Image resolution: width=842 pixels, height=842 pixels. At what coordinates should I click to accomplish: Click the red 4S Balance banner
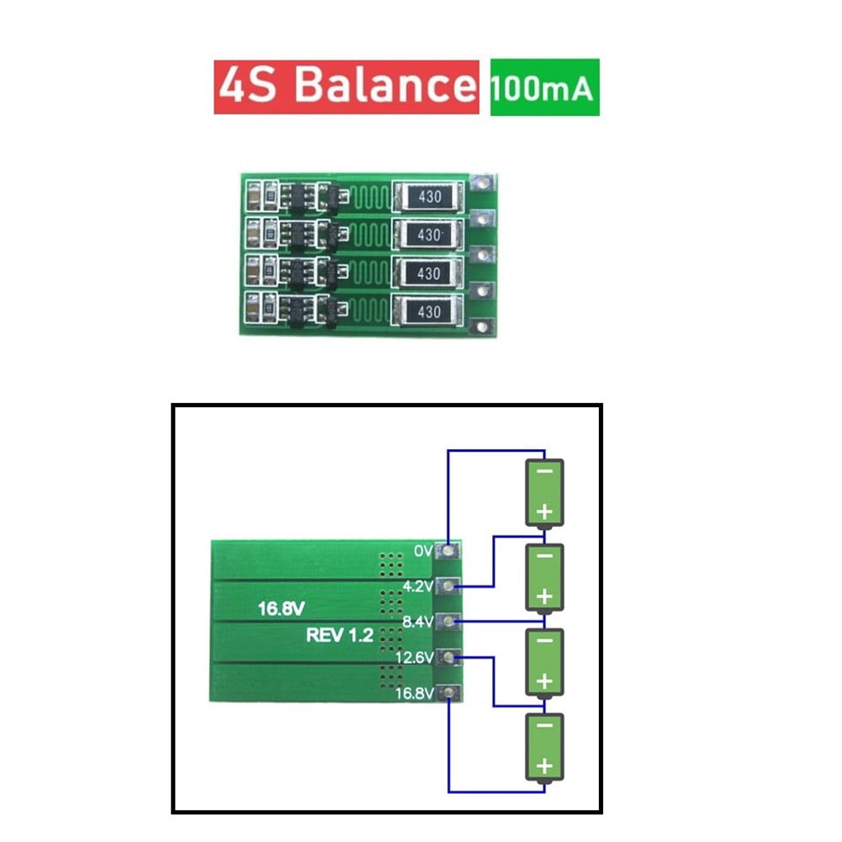(x=346, y=87)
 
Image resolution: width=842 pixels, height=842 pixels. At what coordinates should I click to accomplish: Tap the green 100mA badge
(x=544, y=87)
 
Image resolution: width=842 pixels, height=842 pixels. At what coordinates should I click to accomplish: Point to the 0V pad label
(x=423, y=551)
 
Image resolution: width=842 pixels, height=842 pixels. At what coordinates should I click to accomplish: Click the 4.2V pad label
(x=418, y=586)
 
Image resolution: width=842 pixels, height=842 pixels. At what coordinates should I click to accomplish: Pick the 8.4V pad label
(x=418, y=622)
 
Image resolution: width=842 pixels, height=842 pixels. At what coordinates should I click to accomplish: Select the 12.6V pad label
(x=415, y=658)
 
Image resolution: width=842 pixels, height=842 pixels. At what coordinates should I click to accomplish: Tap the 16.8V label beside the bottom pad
(x=415, y=694)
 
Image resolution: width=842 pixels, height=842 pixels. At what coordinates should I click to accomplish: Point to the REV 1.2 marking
(x=339, y=636)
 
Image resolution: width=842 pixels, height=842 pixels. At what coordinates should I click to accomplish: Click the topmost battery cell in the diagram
(x=544, y=492)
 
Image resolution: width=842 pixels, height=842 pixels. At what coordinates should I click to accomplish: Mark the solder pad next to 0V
(x=451, y=551)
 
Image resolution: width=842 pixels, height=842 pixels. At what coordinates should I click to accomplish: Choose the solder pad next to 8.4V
(x=451, y=622)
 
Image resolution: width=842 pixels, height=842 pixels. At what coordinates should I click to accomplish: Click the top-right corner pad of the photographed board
(x=482, y=181)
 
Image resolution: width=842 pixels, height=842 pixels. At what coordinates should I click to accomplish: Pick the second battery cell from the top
(x=544, y=577)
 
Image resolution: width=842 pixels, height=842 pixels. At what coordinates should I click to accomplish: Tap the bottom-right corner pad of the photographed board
(x=482, y=327)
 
